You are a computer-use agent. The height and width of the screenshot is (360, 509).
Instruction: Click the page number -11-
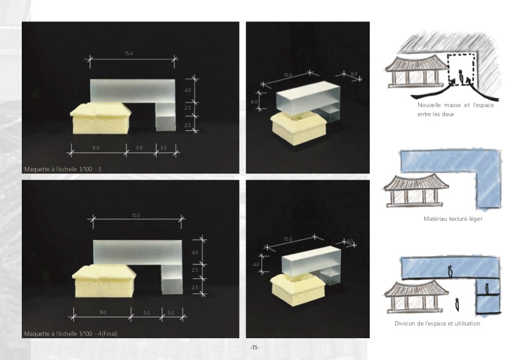[254, 348]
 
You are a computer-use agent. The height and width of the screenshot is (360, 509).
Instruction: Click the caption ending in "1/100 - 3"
[63, 169]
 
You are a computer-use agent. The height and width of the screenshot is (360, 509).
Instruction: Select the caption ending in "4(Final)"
[71, 334]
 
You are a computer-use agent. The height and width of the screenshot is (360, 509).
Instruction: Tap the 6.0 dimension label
[354, 74]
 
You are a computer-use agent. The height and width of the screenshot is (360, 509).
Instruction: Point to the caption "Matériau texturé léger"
[453, 219]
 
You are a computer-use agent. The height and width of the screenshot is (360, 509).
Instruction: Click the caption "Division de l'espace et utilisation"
[437, 323]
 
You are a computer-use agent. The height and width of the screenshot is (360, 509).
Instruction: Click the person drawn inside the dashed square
[461, 76]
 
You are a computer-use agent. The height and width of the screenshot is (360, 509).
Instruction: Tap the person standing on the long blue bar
[450, 272]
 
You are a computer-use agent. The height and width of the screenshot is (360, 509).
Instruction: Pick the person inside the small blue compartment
[487, 288]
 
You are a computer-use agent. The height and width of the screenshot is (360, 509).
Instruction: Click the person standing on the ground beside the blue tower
[457, 304]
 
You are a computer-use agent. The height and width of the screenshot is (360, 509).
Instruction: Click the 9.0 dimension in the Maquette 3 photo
[96, 148]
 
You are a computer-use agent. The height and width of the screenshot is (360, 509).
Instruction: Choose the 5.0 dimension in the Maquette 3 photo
[139, 148]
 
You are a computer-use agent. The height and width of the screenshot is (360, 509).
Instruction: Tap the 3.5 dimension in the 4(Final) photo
[171, 313]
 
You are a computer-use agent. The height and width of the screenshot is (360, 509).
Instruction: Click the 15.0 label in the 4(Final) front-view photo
[136, 215]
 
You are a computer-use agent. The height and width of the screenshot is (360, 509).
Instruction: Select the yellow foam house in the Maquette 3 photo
[100, 119]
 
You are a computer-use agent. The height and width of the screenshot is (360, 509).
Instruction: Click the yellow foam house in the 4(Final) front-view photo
[104, 281]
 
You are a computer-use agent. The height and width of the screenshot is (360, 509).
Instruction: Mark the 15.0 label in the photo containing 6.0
[288, 75]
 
